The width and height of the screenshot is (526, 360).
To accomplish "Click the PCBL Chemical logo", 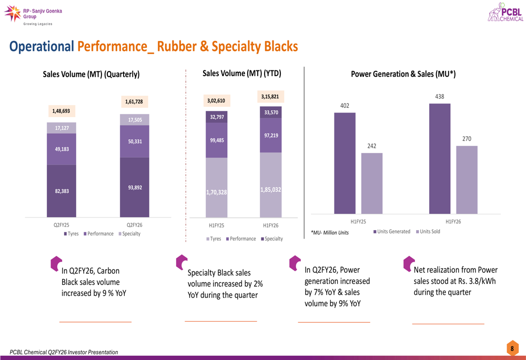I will (506, 12).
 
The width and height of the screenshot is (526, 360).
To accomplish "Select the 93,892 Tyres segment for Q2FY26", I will (134, 187).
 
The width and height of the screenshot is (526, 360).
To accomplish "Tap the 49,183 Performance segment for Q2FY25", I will (62, 149).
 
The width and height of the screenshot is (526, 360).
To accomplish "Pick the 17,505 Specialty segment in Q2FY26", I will (134, 120).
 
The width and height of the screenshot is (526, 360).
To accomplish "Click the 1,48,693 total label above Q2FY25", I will (61, 111).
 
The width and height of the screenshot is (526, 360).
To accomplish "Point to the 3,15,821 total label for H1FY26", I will (270, 96).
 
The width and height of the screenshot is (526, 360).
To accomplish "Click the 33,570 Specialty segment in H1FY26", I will (270, 112).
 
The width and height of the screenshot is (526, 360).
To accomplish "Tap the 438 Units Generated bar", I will (440, 158).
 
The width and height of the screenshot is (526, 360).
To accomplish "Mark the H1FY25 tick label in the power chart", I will (358, 222).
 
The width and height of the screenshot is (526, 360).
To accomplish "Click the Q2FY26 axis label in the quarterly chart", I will (135, 224).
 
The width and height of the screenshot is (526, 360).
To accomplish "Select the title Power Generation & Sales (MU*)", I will (403, 74).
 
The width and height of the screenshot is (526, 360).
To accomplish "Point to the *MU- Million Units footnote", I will (330, 232).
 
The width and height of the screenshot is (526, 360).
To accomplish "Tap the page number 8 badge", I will (512, 348).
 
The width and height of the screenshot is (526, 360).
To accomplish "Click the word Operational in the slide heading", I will (42, 47).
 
